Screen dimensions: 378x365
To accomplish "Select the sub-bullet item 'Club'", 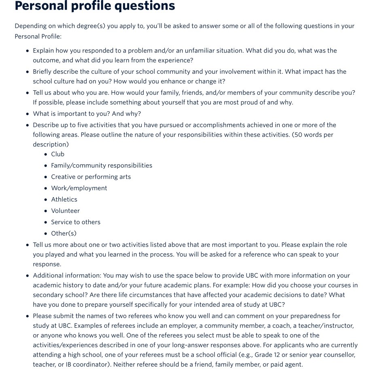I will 57,154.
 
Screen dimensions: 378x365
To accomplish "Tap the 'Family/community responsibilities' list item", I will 102,166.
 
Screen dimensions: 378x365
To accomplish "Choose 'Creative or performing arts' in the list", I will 91,177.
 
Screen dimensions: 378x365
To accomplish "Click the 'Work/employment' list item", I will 79,188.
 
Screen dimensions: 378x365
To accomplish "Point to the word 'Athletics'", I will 64,200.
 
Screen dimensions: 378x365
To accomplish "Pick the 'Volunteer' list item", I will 65,211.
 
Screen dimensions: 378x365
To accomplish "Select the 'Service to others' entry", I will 76,222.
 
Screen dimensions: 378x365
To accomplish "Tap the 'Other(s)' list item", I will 64,234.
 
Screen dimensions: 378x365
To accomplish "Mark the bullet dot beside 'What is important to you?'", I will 27,114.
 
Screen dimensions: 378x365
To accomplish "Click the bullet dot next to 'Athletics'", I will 45,200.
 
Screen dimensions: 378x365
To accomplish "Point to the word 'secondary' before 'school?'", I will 48,295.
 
